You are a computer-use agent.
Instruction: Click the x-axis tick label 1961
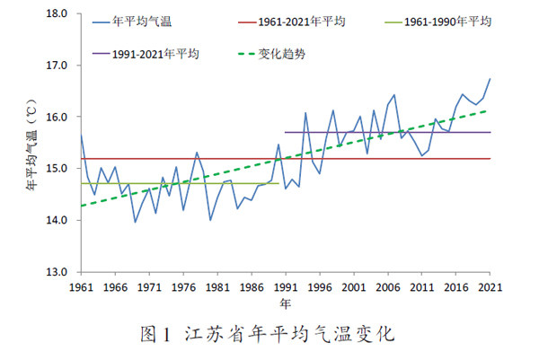coord(81,287)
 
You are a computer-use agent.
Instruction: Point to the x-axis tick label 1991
coord(287,287)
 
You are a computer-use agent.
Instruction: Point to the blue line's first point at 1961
coord(81,136)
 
